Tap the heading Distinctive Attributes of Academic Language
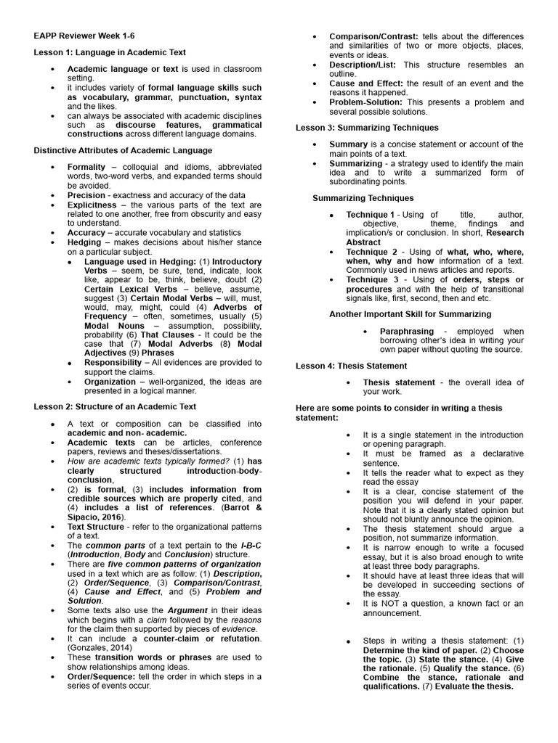(124, 150)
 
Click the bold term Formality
(86, 167)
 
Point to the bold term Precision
(86, 196)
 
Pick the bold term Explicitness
(92, 205)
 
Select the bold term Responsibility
(113, 362)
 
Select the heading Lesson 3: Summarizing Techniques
(367, 128)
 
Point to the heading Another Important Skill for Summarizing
(410, 314)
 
